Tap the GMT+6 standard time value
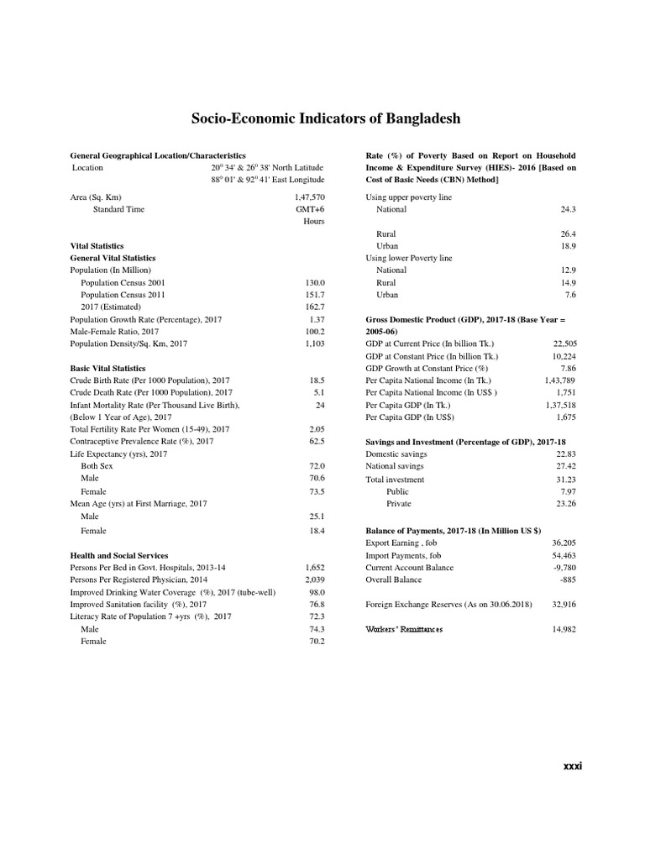pos(311,208)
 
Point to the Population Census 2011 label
pos(123,295)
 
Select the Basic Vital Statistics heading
pos(107,368)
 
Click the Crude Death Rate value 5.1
pos(318,392)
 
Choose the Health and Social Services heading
pos(118,555)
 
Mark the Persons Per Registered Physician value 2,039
pos(314,579)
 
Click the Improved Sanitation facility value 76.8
pos(316,604)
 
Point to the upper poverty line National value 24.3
pos(568,209)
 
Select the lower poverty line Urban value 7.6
pos(570,295)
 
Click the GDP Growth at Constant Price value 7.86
pos(568,368)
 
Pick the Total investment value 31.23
pos(565,480)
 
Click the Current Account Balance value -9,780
pos(564,567)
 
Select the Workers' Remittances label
pos(404,629)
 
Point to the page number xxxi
pos(572,765)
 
